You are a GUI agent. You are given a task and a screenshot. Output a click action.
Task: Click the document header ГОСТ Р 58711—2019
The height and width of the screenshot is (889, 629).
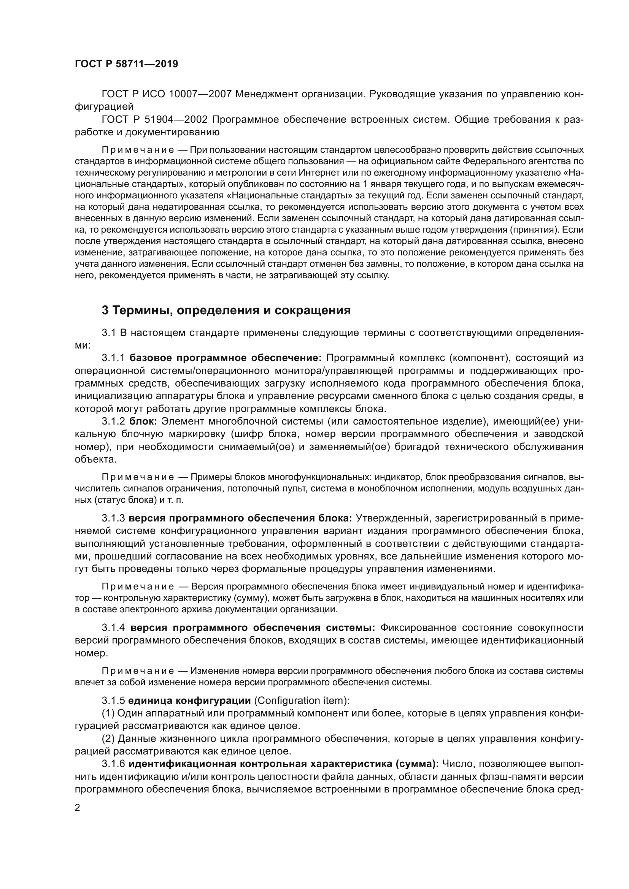point(126,64)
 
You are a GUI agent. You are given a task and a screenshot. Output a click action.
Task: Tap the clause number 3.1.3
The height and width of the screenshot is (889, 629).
point(113,518)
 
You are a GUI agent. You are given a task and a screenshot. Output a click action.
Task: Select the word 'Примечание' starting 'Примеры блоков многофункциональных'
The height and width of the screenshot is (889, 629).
point(138,477)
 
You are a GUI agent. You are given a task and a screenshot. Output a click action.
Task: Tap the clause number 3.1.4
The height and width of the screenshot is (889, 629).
point(114,627)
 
